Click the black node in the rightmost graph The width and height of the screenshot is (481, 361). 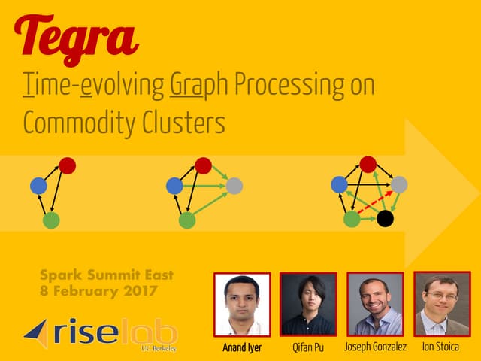coord(385,219)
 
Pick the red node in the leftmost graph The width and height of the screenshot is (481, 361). coord(67,165)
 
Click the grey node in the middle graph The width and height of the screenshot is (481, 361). coord(234,186)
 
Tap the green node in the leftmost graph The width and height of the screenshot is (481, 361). coord(50,220)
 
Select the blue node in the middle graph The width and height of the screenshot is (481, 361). coord(174,185)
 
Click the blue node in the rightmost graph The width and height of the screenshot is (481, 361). coord(339,184)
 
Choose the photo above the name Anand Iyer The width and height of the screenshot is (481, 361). coord(242,304)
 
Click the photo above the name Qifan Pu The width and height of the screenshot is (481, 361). coord(308,304)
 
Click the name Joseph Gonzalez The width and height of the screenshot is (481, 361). coord(375,347)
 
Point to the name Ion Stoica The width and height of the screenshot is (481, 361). coord(441,347)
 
